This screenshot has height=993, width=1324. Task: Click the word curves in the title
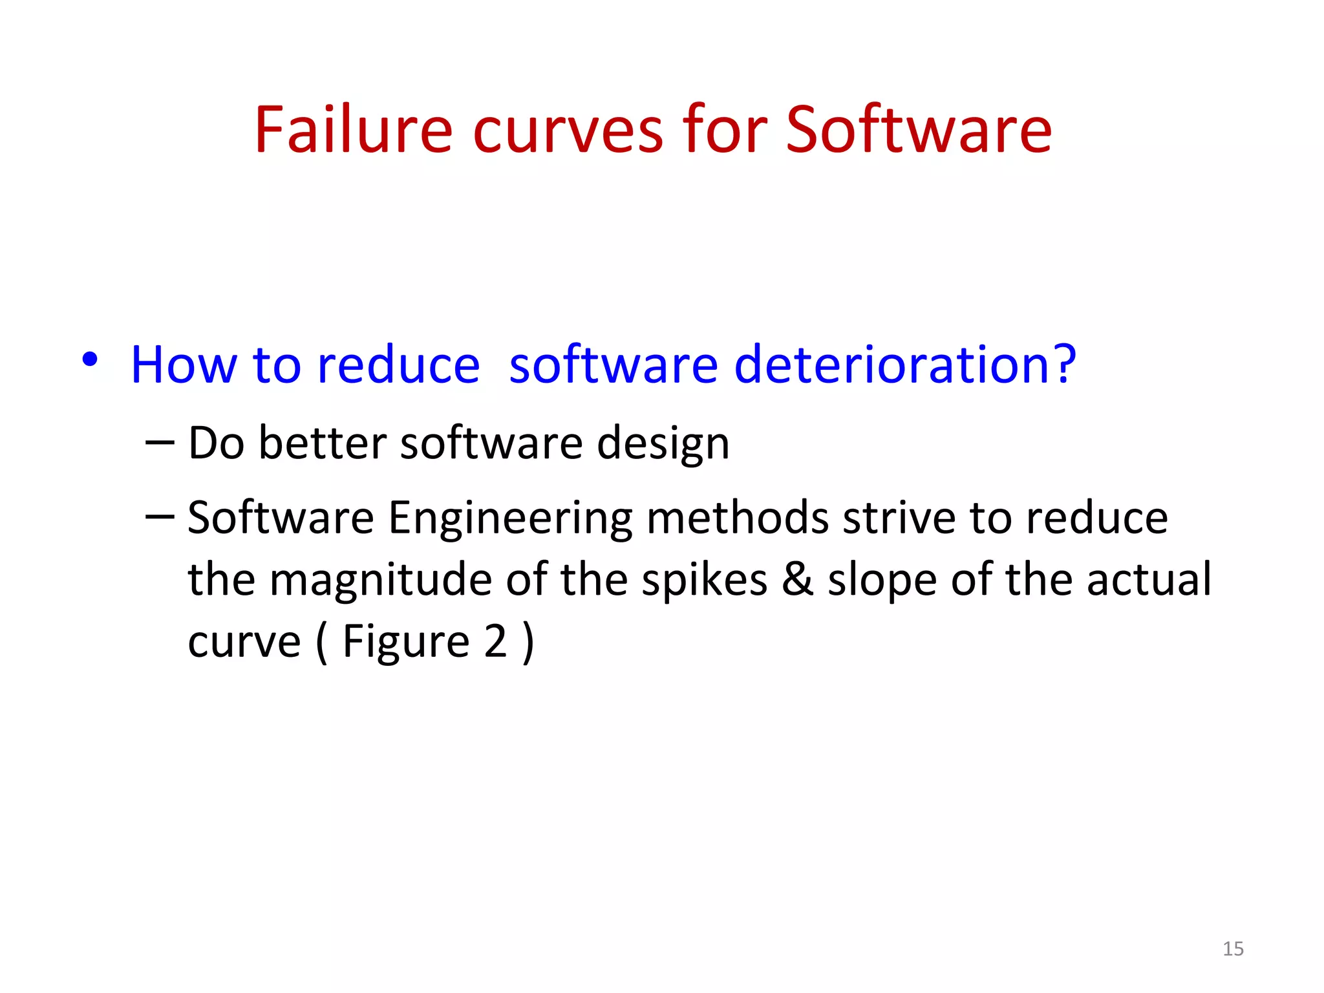coord(568,131)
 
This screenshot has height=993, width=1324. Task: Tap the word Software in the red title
coord(919,131)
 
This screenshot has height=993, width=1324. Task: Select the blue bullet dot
coord(90,359)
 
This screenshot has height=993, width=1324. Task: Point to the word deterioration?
coord(905,365)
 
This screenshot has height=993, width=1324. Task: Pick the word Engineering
coord(511,519)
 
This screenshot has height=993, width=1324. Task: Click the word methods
coord(738,518)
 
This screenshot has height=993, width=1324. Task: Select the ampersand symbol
coord(798,579)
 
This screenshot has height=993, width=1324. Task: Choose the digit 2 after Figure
coord(495,641)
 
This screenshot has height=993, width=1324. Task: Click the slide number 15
coord(1233,948)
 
